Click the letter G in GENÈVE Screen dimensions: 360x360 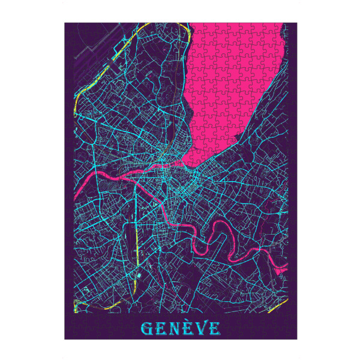[147, 328]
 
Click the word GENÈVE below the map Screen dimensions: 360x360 [180, 328]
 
